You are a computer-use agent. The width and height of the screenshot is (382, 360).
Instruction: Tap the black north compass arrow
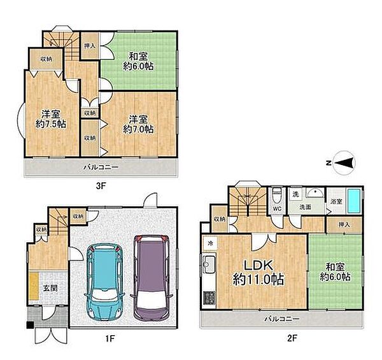click(344, 162)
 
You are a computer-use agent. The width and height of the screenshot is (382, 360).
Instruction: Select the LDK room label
click(258, 266)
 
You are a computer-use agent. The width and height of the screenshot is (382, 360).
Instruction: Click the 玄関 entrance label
click(50, 288)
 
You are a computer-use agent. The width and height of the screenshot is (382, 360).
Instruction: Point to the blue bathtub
click(354, 201)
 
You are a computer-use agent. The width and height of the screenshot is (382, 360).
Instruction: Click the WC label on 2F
click(277, 208)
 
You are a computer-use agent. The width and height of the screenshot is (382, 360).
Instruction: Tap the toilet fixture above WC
click(277, 196)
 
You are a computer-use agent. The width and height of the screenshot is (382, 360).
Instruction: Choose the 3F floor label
click(101, 186)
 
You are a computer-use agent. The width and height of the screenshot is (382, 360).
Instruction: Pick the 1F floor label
click(110, 338)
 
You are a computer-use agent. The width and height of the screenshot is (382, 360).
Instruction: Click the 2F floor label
click(292, 338)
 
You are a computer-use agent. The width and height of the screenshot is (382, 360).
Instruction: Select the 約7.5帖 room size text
click(51, 124)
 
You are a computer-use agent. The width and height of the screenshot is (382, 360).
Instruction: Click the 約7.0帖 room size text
click(138, 129)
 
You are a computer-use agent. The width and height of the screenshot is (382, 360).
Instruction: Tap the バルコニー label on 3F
click(101, 167)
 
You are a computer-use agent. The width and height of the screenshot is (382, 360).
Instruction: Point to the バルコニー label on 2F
click(283, 319)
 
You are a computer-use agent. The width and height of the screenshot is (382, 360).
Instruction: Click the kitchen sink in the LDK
click(209, 264)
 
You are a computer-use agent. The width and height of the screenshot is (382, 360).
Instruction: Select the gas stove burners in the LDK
click(209, 298)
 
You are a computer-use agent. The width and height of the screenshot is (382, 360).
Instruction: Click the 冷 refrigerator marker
click(210, 243)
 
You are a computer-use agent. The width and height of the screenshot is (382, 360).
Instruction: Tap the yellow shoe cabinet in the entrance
click(33, 287)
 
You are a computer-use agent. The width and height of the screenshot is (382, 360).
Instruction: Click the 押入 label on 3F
click(90, 46)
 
